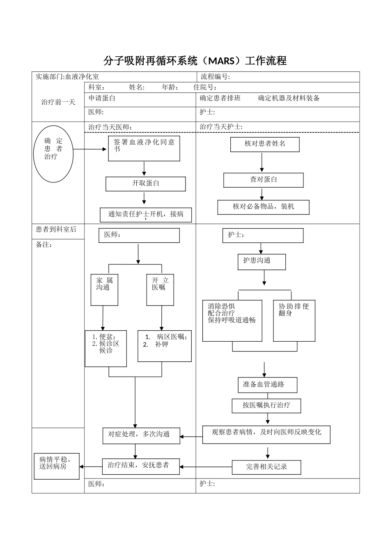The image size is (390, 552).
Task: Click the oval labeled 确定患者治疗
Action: pyautogui.click(x=53, y=154)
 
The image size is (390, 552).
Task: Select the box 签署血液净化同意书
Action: pyautogui.click(x=144, y=149)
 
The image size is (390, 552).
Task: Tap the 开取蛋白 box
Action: pyautogui.click(x=145, y=184)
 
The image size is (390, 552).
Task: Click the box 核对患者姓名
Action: pyautogui.click(x=264, y=144)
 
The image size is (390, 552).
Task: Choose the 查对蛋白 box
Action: pyautogui.click(x=263, y=180)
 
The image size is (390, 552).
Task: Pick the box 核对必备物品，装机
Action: pyautogui.click(x=263, y=207)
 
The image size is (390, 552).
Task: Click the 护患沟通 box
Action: pyautogui.click(x=262, y=262)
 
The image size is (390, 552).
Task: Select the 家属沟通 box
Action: pyautogui.click(x=104, y=290)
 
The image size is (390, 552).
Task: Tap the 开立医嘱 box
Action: pyautogui.click(x=160, y=290)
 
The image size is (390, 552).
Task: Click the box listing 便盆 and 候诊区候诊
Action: pyautogui.click(x=106, y=348)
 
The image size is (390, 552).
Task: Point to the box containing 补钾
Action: pyautogui.click(x=164, y=346)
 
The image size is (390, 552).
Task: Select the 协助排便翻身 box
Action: pyautogui.click(x=294, y=320)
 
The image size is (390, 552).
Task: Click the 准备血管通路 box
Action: pyautogui.click(x=267, y=385)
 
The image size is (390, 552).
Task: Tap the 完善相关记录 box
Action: pyautogui.click(x=266, y=467)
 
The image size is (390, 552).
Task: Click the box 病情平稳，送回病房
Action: pyautogui.click(x=57, y=466)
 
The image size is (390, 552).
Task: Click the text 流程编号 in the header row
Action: pyautogui.click(x=215, y=77)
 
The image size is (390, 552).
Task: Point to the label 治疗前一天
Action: pyautogui.click(x=58, y=102)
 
